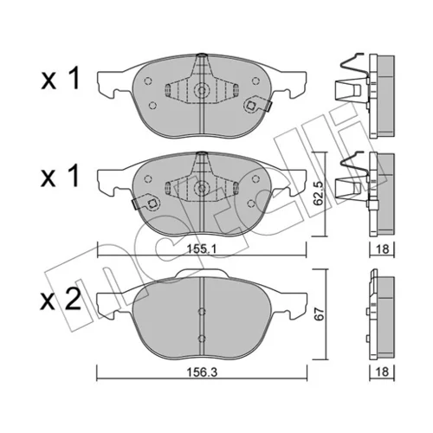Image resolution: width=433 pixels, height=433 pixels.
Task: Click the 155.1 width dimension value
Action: point(202,249)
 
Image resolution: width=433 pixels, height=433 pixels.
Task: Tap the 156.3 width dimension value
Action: point(202,372)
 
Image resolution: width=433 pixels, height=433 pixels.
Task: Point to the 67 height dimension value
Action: point(320,313)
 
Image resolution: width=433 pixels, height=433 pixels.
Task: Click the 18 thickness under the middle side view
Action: point(383,249)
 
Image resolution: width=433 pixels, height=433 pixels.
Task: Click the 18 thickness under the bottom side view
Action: point(383,372)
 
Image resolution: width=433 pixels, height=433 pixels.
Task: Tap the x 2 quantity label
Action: point(61,300)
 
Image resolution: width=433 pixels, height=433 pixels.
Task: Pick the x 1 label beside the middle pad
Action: point(61,176)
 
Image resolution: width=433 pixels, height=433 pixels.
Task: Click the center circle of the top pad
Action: point(202,90)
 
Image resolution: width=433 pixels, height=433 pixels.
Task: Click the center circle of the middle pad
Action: point(202,188)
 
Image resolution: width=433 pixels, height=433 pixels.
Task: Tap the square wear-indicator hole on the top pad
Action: point(250,106)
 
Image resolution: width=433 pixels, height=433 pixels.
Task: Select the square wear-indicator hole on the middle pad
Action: point(152,204)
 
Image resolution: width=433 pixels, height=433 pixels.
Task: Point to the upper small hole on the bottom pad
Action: point(202,312)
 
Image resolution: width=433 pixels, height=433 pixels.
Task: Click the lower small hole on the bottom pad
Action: point(202,339)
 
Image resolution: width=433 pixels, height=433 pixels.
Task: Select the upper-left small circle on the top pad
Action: point(148,81)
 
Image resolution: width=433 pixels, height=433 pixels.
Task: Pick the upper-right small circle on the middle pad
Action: point(255,179)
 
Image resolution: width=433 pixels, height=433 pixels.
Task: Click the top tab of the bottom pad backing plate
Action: point(202,273)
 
